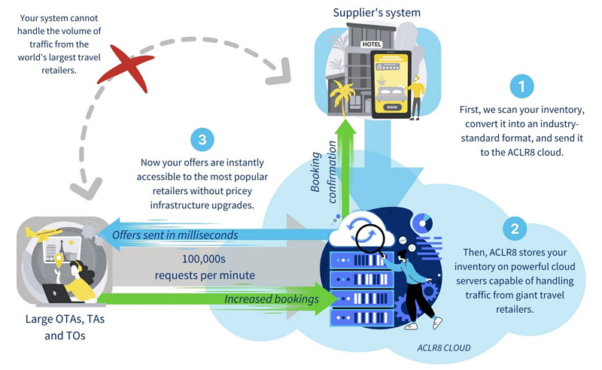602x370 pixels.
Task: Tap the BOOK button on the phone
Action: [391, 107]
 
